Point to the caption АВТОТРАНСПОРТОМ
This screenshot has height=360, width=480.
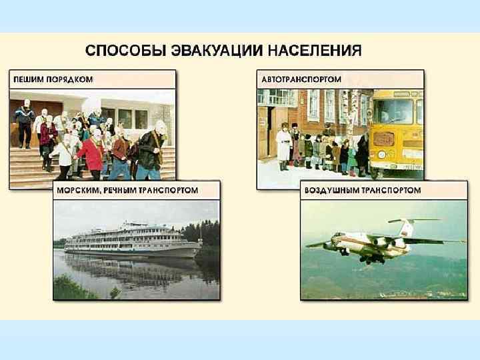coord(301,79)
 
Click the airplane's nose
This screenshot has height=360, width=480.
coord(327,245)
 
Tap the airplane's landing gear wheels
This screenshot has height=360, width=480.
coord(366,259)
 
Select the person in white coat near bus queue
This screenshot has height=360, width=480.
coord(284,147)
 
